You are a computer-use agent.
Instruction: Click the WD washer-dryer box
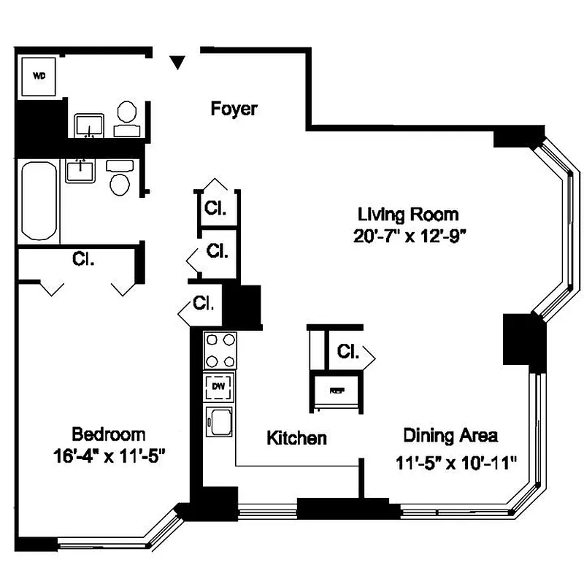[x=39, y=75]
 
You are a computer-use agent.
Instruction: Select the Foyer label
[x=234, y=109]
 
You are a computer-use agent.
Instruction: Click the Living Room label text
[x=408, y=215]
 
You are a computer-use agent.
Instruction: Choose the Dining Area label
[x=450, y=436]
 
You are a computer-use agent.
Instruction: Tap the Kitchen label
[x=296, y=438]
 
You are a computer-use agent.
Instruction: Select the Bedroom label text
[x=109, y=434]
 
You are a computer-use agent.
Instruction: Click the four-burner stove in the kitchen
[x=220, y=351]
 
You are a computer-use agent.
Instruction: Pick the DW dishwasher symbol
[x=220, y=387]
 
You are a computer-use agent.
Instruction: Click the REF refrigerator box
[x=337, y=391]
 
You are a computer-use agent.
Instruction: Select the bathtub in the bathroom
[x=39, y=199]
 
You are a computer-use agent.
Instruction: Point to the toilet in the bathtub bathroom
[x=120, y=178]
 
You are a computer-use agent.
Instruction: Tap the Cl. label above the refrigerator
[x=348, y=352]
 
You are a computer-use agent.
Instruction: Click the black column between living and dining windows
[x=524, y=340]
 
